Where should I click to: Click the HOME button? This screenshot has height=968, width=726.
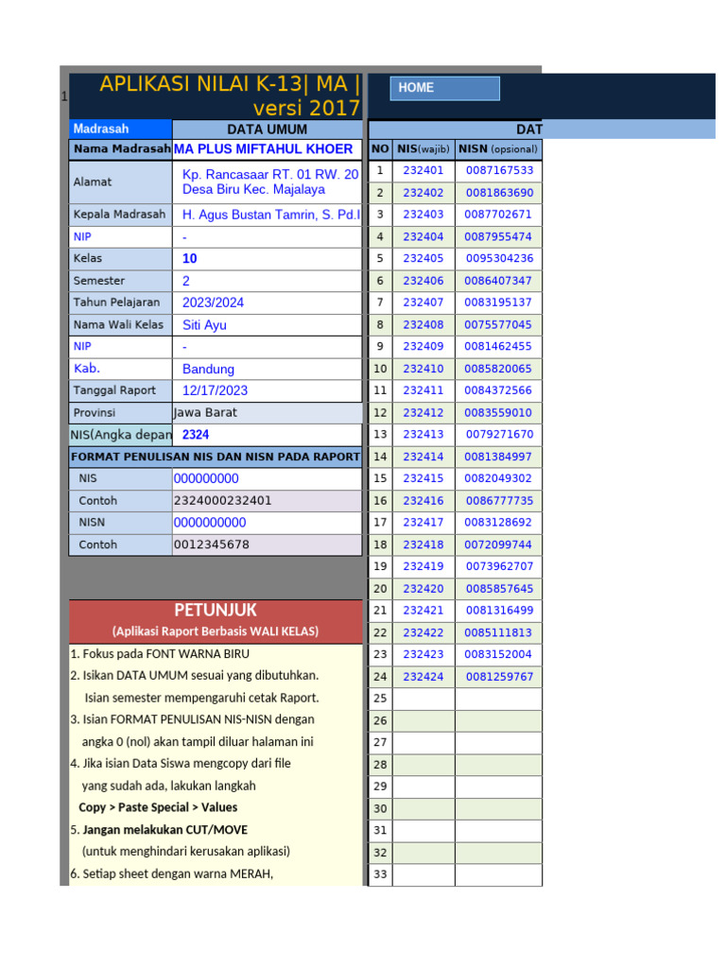click(x=445, y=88)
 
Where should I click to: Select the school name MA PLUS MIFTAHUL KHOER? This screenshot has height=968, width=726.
click(x=264, y=149)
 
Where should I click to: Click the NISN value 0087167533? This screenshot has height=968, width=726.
click(x=499, y=171)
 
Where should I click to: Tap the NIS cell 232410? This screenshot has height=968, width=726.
click(x=423, y=369)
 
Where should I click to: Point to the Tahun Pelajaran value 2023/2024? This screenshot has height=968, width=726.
click(x=214, y=302)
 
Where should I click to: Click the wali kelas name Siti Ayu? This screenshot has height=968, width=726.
click(x=204, y=325)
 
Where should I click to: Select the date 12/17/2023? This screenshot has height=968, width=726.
click(x=215, y=390)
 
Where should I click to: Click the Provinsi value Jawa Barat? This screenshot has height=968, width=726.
click(x=206, y=413)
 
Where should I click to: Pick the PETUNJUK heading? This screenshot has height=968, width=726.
click(x=215, y=610)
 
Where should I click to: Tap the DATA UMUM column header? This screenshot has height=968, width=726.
click(x=268, y=130)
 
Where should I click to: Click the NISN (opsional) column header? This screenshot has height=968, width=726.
click(x=498, y=149)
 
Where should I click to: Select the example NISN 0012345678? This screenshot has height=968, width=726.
click(x=212, y=544)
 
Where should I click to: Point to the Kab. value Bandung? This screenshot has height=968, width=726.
click(x=208, y=369)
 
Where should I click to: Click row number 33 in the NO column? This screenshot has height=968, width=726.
click(x=380, y=875)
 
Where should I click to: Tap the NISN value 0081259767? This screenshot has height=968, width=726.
click(x=499, y=677)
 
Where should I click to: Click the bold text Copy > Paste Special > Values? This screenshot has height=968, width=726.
click(x=158, y=808)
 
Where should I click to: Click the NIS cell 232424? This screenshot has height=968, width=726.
click(x=423, y=677)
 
